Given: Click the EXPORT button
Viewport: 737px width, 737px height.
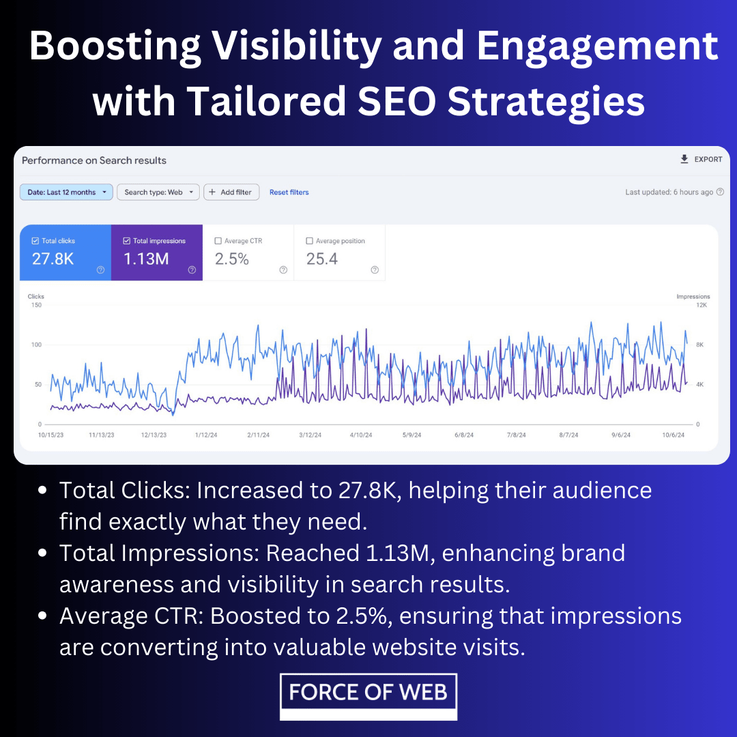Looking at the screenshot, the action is (x=701, y=159).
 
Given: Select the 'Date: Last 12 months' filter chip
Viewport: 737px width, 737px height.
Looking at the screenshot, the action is (x=66, y=192).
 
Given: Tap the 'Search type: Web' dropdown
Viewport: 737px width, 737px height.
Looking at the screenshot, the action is (x=158, y=192).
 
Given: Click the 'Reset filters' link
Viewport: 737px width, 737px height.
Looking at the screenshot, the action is (x=289, y=192).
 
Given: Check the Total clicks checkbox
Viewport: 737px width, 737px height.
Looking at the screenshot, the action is (x=35, y=241).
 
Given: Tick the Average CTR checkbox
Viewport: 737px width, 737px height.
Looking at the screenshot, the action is (x=218, y=241).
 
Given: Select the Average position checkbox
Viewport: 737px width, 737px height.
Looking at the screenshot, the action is (x=309, y=241).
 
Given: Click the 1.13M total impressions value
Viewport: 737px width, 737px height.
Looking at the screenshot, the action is (x=146, y=259).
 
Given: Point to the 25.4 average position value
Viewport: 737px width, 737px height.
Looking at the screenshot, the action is (x=322, y=259).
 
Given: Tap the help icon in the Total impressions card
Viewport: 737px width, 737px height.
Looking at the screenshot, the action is (x=192, y=270).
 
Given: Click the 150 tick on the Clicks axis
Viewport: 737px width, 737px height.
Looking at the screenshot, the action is (x=36, y=305).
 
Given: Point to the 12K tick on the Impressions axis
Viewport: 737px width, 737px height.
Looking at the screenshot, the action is (x=702, y=305).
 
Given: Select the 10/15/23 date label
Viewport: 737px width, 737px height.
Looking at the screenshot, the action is (x=50, y=435).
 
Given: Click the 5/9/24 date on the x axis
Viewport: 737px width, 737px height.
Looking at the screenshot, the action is (x=411, y=435).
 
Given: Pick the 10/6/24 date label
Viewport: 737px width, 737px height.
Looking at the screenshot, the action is (x=673, y=435).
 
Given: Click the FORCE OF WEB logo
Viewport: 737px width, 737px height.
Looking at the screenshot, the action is (x=369, y=697).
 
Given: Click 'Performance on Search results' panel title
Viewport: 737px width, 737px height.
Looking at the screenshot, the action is (x=94, y=160).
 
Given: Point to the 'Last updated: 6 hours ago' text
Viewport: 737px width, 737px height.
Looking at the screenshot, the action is (x=669, y=192).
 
